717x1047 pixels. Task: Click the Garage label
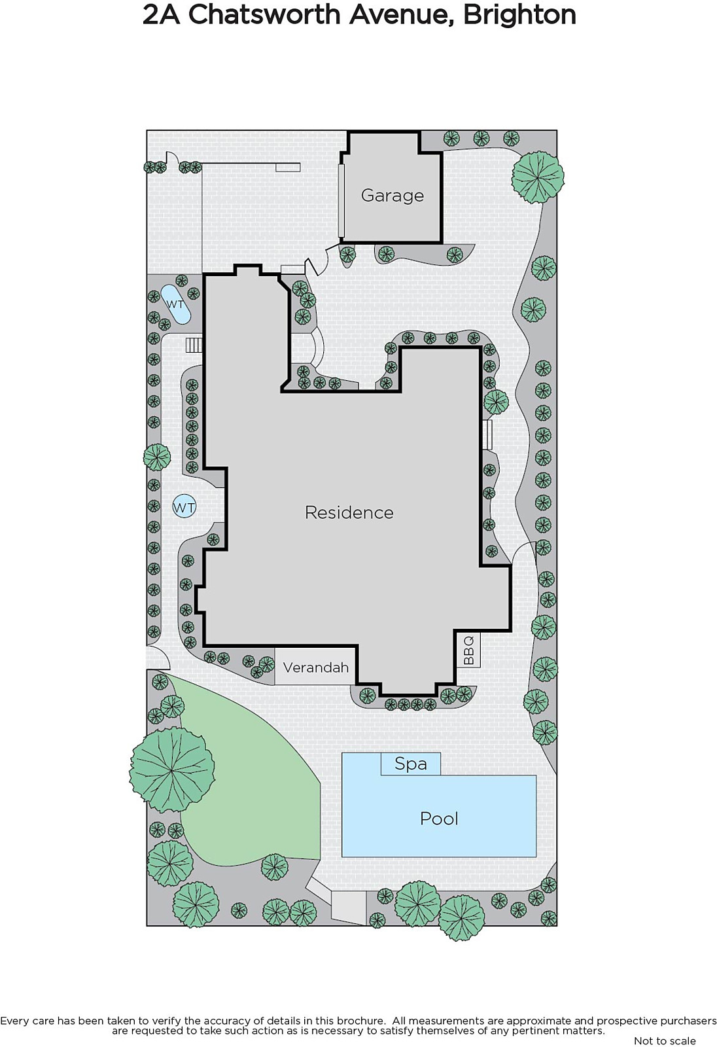[x=392, y=196]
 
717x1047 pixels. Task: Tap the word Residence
[x=349, y=513]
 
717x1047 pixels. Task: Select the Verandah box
[x=315, y=667]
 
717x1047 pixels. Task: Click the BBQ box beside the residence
[x=468, y=650]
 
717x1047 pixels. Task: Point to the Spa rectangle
[x=410, y=764]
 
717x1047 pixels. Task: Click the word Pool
[x=439, y=819]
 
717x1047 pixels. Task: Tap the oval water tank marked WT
[x=175, y=304]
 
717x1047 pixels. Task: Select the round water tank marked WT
[x=184, y=507]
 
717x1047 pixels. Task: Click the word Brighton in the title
[x=519, y=15]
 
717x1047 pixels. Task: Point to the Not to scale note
[x=665, y=1040]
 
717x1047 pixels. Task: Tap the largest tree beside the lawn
[x=172, y=770]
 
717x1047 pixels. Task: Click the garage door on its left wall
[x=341, y=200]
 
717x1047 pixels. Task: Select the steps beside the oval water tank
[x=194, y=345]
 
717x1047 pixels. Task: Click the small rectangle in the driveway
[x=287, y=168]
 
